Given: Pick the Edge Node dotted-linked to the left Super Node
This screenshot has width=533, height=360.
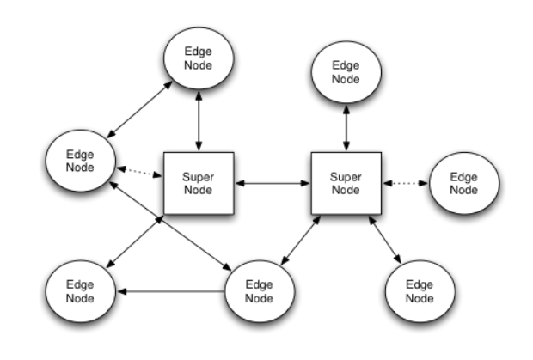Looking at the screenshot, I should (79, 161).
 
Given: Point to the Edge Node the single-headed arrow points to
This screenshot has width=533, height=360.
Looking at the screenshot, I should (79, 292).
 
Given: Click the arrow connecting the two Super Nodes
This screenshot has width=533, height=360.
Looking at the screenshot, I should (273, 183).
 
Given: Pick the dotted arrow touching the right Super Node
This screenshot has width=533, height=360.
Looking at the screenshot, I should (406, 183).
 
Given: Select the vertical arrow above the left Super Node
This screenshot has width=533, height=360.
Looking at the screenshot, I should (199, 119).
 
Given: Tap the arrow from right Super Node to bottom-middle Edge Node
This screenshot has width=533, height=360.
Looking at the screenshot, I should (299, 241).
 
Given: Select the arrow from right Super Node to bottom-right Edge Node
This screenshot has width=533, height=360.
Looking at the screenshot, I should (384, 240).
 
